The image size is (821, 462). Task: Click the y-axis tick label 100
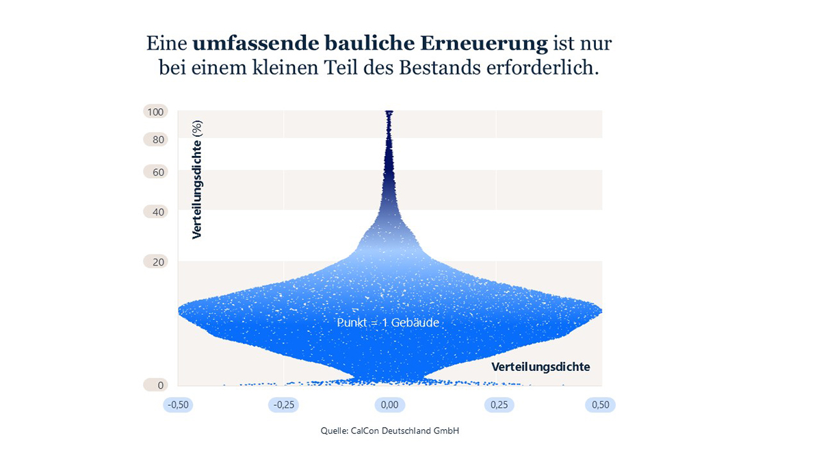pyautogui.click(x=155, y=112)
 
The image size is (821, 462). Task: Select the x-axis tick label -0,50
pyautogui.click(x=178, y=405)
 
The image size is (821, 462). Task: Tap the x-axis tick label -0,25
pyautogui.click(x=284, y=405)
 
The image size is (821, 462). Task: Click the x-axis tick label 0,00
pyautogui.click(x=389, y=405)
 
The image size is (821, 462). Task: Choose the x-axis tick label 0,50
pyautogui.click(x=600, y=405)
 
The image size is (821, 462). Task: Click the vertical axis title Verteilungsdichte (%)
pyautogui.click(x=197, y=179)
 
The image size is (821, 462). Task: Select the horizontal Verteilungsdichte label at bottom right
pyautogui.click(x=540, y=367)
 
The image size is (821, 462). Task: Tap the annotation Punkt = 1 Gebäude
pyautogui.click(x=388, y=322)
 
